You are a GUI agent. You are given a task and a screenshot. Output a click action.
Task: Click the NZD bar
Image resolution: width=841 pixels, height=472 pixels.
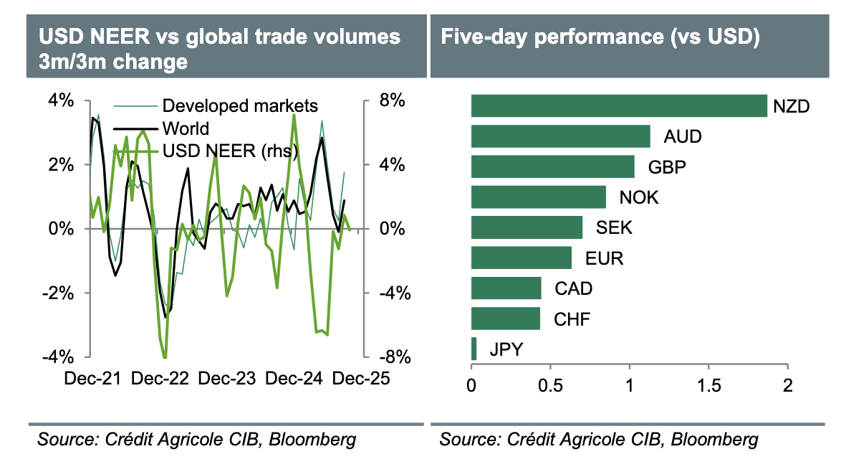(618, 105)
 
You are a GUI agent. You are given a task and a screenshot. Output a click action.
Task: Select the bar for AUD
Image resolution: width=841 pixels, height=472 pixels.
(560, 136)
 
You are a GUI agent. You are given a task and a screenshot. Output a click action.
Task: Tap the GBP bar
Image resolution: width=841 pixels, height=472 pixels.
(552, 166)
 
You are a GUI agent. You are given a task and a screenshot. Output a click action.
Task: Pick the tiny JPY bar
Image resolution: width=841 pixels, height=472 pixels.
(474, 349)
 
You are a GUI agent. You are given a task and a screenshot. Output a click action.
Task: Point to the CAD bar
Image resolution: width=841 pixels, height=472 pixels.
(506, 288)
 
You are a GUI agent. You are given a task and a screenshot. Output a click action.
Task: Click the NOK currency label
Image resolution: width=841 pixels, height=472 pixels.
(639, 197)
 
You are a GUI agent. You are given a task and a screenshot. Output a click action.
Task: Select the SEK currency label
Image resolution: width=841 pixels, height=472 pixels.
(614, 228)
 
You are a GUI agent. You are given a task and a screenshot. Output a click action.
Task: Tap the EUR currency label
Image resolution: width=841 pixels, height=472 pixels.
(603, 258)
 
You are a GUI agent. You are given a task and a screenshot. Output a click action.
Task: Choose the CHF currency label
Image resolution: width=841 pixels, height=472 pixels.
(572, 319)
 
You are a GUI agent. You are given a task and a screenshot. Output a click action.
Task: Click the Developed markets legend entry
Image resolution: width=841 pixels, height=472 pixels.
(240, 106)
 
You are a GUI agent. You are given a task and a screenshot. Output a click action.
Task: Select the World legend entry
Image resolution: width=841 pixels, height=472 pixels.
(186, 128)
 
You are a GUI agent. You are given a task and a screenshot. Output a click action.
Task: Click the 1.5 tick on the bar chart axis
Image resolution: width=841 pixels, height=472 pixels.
(708, 386)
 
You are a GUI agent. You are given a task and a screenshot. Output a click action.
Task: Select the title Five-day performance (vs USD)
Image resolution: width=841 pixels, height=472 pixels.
(600, 37)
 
